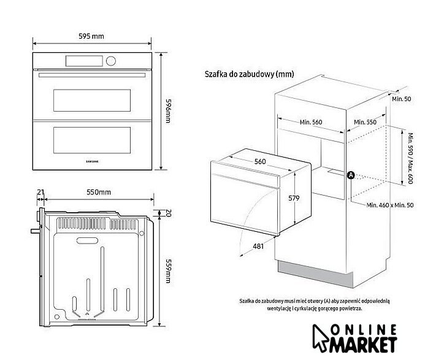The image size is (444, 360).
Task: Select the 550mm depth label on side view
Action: coord(99,193)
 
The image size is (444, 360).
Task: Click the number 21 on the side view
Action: coord(40,193)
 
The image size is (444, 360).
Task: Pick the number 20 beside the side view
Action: coord(167,213)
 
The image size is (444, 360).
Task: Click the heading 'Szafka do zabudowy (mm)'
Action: coord(249,74)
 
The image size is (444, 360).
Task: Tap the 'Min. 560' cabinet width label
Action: coord(311,122)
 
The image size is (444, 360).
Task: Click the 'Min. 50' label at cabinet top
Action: coord(402,99)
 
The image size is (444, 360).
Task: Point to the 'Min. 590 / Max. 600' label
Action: coord(412,158)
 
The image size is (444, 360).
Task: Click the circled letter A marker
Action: coord(351,175)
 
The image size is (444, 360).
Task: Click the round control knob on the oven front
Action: coord(111,61)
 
